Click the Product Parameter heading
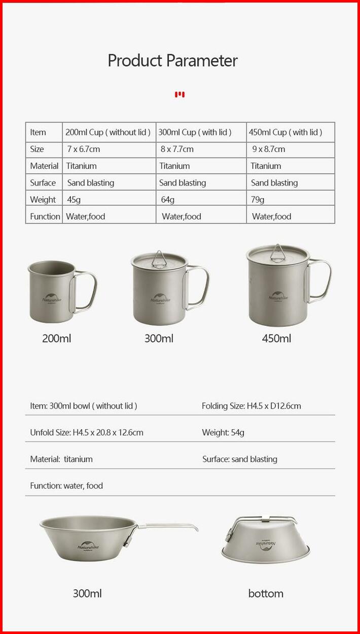point(172,61)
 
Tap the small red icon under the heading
point(179,94)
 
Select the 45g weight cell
point(74,200)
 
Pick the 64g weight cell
point(168,200)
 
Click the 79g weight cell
point(258,200)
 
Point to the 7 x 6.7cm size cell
point(84,149)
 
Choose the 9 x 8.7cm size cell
point(269,149)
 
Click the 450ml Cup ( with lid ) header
point(285,132)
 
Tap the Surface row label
point(43,183)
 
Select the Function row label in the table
point(45,216)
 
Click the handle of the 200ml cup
point(88,292)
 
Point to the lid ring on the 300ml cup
point(159,257)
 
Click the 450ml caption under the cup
point(276,339)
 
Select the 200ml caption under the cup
point(57,339)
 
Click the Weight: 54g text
point(223,432)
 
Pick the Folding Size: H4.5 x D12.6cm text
point(251,406)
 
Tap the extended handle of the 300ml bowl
point(170,527)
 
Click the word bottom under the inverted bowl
point(266,593)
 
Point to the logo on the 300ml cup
point(160,299)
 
